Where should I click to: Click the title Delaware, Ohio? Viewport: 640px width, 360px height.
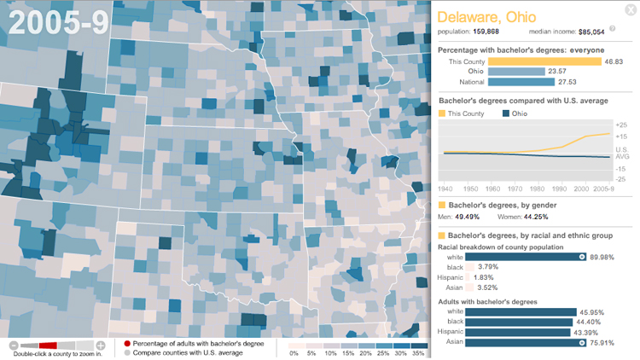click(481, 16)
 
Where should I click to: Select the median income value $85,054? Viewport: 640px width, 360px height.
click(591, 32)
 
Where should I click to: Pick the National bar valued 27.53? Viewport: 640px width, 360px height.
click(505, 82)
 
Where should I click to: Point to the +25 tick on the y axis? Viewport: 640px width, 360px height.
click(620, 125)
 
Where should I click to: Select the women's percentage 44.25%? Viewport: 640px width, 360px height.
click(531, 217)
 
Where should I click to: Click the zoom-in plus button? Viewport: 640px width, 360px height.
click(101, 345)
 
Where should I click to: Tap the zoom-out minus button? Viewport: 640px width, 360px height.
click(13, 345)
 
